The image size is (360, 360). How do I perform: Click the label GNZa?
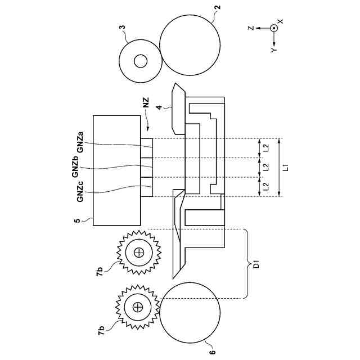pyautogui.click(x=80, y=142)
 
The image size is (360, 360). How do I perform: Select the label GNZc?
pyautogui.click(x=80, y=192)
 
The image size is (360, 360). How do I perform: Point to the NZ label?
pyautogui.click(x=146, y=102)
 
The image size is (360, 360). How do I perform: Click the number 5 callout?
pyautogui.click(x=77, y=220)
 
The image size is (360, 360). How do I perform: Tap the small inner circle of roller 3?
pyautogui.click(x=141, y=61)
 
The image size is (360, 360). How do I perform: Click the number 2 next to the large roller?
pyautogui.click(x=218, y=7)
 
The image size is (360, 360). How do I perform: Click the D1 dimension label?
pyautogui.click(x=257, y=264)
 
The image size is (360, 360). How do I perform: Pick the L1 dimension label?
pyautogui.click(x=285, y=168)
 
